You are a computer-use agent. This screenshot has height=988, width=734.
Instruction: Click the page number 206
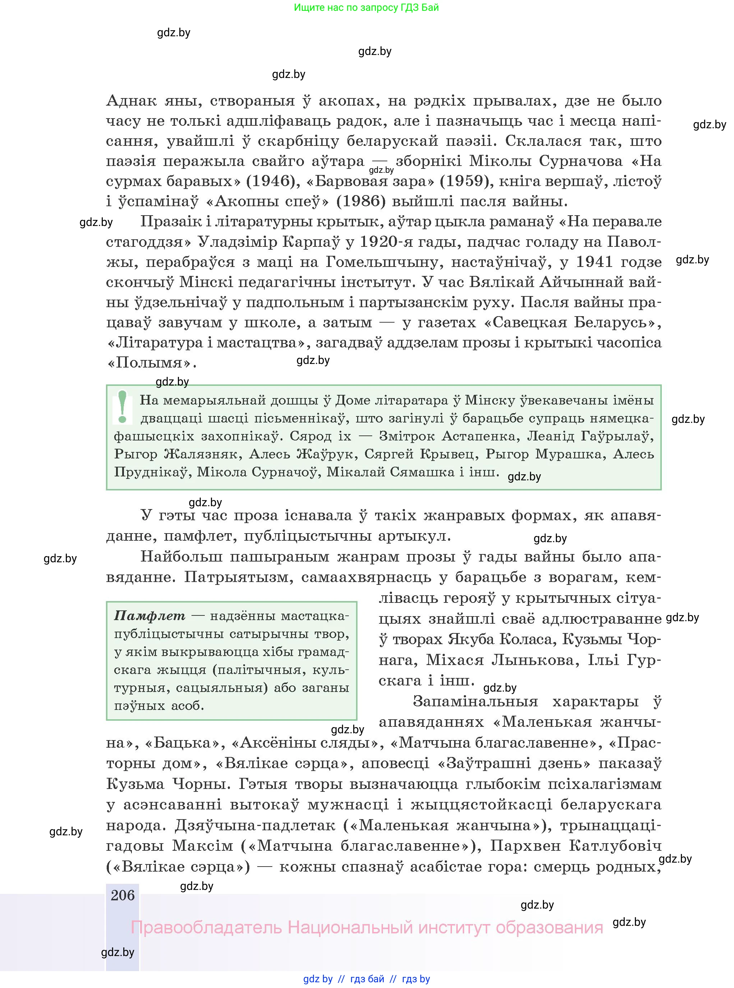pyautogui.click(x=123, y=896)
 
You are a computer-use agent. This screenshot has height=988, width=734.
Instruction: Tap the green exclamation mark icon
pyautogui.click(x=123, y=406)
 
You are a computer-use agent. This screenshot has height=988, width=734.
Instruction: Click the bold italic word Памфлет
pyautogui.click(x=150, y=616)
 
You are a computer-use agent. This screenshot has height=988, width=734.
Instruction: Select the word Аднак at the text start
pyautogui.click(x=131, y=101)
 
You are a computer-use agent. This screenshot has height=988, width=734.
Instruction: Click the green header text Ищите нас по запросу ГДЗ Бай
pyautogui.click(x=366, y=8)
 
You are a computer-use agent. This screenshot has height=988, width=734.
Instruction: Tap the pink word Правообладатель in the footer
pyautogui.click(x=206, y=928)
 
